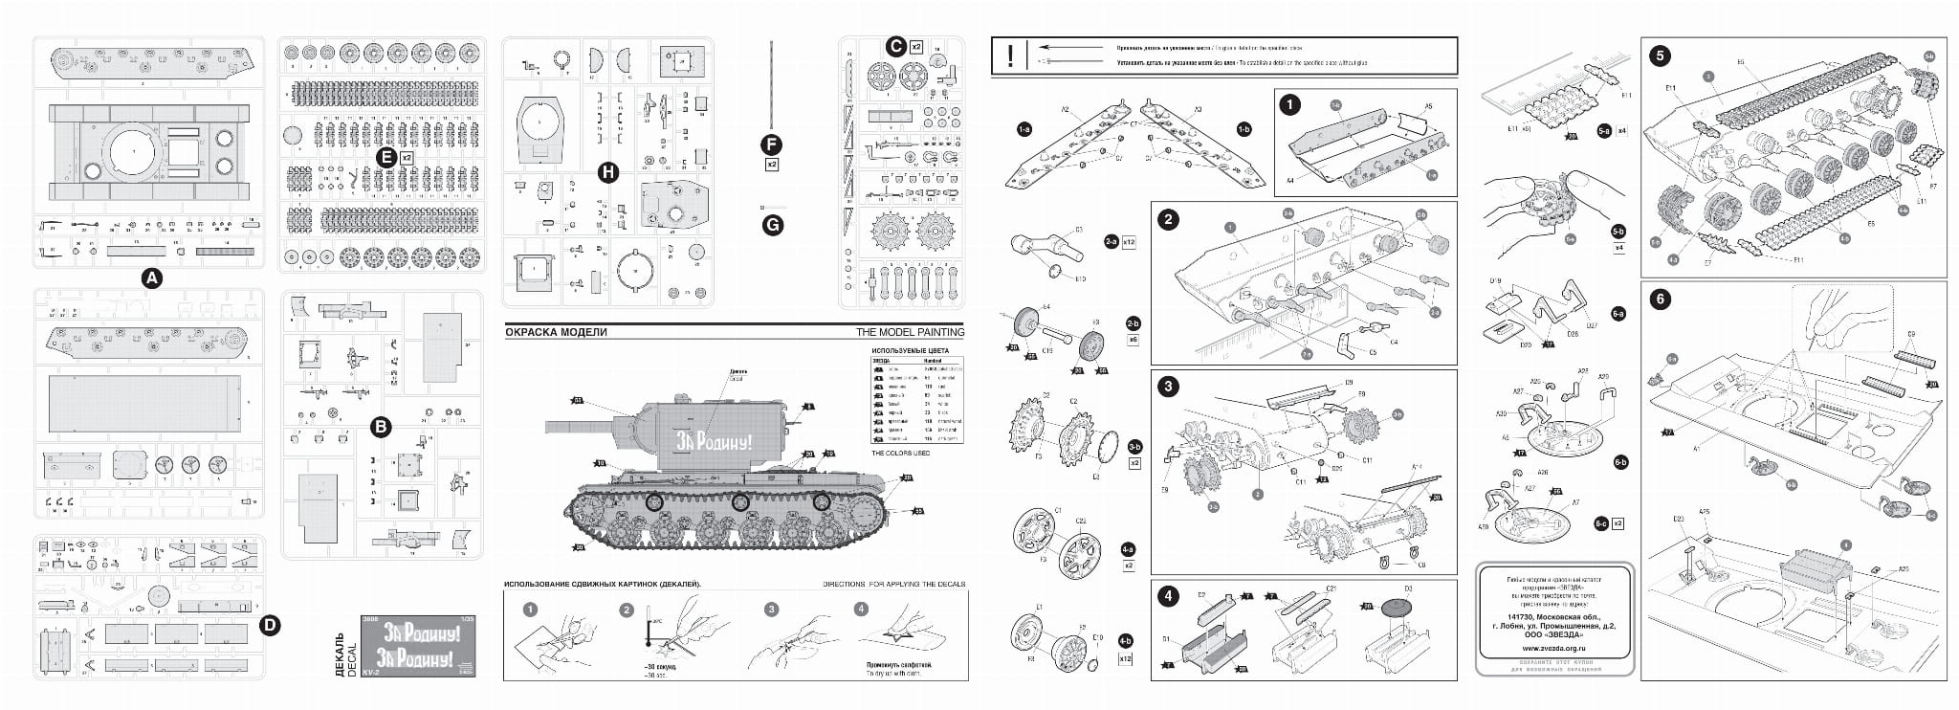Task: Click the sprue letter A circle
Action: (151, 277)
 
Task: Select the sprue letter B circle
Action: (381, 428)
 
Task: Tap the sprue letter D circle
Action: (271, 626)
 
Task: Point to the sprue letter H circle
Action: (607, 172)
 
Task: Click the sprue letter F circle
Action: (771, 144)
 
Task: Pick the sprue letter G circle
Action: (771, 225)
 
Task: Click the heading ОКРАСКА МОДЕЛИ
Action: (556, 332)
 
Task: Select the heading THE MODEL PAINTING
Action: (910, 332)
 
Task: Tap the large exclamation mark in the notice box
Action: (1010, 55)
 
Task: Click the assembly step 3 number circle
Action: (1168, 387)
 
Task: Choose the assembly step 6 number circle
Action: (1660, 299)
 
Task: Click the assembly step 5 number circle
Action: (1660, 55)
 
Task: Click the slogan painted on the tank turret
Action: (714, 442)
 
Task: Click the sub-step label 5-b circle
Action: (1618, 232)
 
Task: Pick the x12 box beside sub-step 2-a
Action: (1128, 242)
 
